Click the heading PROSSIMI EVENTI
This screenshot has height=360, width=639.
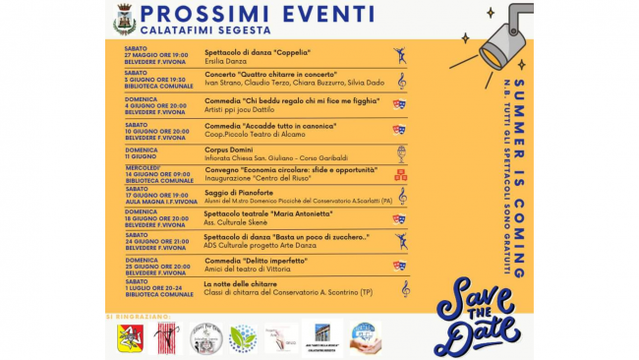257,14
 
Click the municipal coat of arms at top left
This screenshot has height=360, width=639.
124,19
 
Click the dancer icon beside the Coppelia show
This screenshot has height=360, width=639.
400,55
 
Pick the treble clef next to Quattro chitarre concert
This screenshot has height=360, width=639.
401,80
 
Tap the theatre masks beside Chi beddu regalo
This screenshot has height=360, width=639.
399,103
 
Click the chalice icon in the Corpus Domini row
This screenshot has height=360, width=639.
400,153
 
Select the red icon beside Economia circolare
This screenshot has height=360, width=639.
400,175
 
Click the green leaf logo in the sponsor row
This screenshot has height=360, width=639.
242,337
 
